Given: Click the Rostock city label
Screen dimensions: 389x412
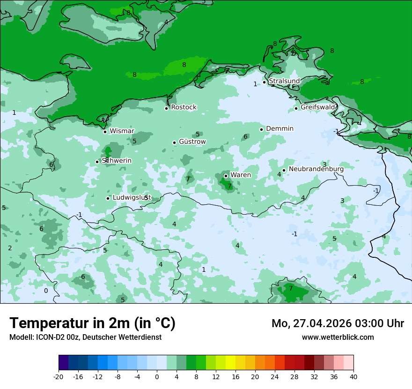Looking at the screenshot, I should click(x=184, y=107).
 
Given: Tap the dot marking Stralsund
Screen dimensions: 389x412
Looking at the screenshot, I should click(x=264, y=82).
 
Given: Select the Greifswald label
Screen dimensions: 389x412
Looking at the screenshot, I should click(x=318, y=107).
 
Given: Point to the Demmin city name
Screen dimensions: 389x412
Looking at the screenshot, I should click(x=280, y=129).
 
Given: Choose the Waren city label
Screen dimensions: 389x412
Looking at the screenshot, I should click(x=241, y=175).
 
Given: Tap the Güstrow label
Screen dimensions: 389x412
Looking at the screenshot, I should click(x=192, y=142).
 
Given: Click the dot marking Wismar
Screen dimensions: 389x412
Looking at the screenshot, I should click(x=105, y=132).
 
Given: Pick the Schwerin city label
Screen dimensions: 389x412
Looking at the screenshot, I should click(x=117, y=161).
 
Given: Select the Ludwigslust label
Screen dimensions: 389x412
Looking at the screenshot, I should click(x=132, y=198).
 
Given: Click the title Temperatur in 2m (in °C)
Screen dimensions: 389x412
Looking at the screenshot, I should click(x=92, y=323).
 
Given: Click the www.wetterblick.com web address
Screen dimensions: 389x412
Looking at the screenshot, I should click(x=338, y=337).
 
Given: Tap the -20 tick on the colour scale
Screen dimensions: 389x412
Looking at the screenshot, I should click(x=59, y=377).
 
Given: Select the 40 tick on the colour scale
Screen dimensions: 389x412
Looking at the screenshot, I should click(x=353, y=377).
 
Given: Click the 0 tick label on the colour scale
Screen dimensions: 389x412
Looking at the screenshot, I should click(x=157, y=377).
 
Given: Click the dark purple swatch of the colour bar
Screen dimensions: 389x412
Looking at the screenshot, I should click(x=63, y=363).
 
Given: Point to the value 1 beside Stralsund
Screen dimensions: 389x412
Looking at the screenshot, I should click(x=255, y=84).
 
